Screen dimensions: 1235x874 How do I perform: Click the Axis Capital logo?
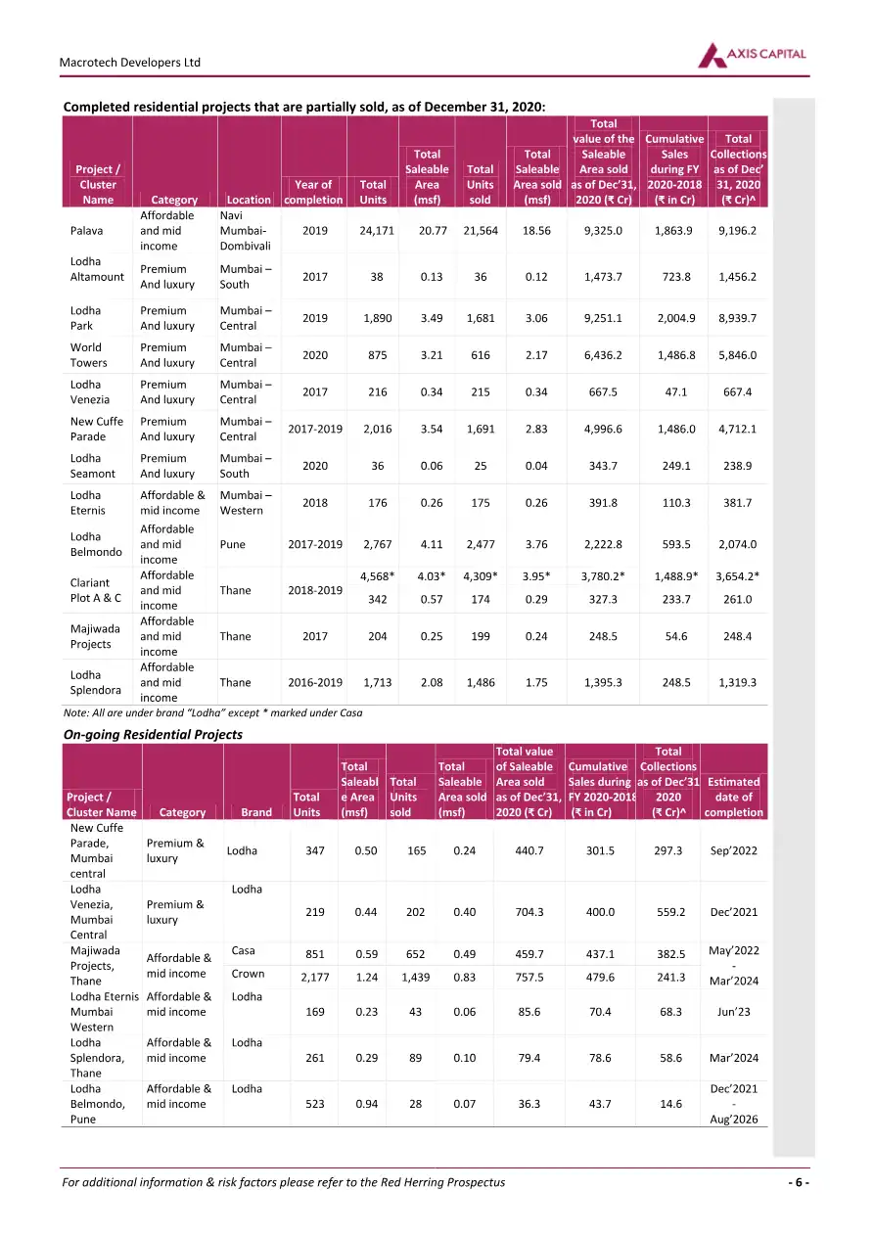coord(752,56)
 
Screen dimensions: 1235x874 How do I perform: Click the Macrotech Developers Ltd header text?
coord(130,62)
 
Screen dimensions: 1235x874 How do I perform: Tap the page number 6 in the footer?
coord(799,1182)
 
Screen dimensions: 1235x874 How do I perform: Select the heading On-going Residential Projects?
coord(152,734)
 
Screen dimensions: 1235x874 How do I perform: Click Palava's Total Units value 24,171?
coord(373,231)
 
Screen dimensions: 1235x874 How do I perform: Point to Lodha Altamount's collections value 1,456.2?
coord(737,277)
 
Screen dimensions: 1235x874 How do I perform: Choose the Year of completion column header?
coord(313,192)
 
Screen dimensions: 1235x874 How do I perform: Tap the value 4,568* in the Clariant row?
coord(377,575)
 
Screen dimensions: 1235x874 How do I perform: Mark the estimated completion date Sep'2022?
coord(733,850)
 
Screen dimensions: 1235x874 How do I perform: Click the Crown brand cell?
coord(248,975)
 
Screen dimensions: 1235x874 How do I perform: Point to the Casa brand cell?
coord(244,951)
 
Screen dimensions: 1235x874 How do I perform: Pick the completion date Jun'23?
coord(733,1012)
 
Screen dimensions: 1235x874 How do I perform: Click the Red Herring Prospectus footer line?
coord(284,1182)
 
